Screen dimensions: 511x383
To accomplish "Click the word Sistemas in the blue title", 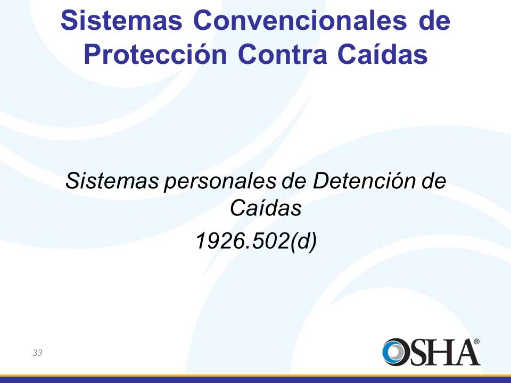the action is point(121,20).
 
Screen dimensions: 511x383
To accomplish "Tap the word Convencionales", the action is point(300,20).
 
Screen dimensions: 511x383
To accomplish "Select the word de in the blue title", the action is point(434,20).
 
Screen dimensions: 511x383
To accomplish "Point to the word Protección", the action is point(155,54).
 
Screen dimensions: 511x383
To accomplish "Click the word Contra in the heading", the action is point(282,54).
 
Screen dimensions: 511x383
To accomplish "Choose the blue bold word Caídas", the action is point(382,54).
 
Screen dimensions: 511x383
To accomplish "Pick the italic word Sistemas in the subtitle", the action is point(112,180).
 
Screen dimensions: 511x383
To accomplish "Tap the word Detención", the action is point(364,180).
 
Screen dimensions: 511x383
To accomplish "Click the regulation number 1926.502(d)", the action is point(256,242).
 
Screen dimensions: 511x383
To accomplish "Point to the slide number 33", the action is point(37,353).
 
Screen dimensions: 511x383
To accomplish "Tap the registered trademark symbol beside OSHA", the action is point(476,342).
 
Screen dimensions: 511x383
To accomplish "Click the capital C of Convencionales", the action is point(202,20).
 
